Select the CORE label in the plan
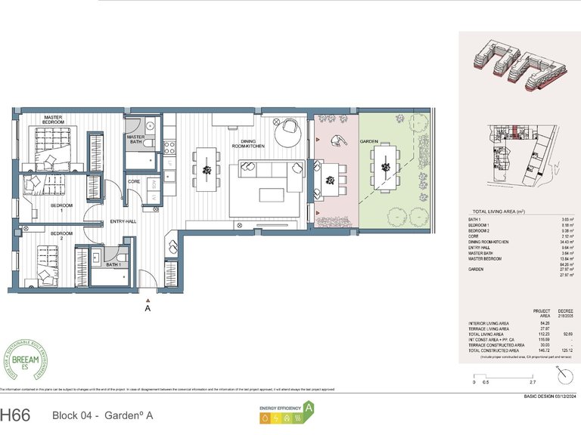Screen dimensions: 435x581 coord(133,182)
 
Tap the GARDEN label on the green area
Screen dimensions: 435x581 coord(368,142)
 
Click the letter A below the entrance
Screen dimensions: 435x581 coord(148,309)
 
